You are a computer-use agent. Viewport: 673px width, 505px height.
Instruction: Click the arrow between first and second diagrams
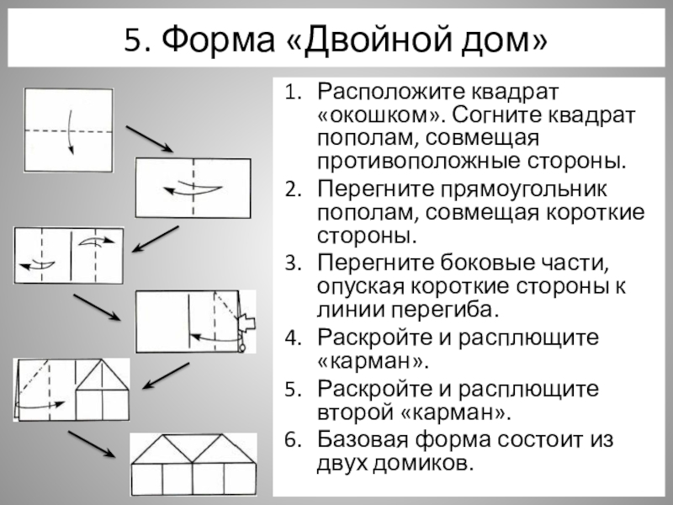(x=150, y=140)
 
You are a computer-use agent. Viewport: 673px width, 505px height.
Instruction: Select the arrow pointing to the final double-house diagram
(x=92, y=444)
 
